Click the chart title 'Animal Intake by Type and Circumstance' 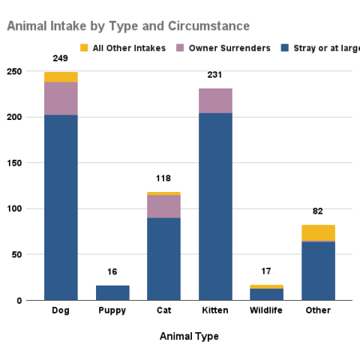pyautogui.click(x=128, y=26)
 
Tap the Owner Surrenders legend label pyautogui.click(x=229, y=49)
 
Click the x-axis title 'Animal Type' pyautogui.click(x=189, y=336)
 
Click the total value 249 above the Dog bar pyautogui.click(x=61, y=58)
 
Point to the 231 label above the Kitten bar pyautogui.click(x=215, y=75)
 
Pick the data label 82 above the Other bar pyautogui.click(x=318, y=211)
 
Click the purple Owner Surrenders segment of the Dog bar pyautogui.click(x=61, y=98)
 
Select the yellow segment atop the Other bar pyautogui.click(x=318, y=232)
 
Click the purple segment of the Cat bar pyautogui.click(x=163, y=206)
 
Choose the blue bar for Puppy pyautogui.click(x=112, y=292)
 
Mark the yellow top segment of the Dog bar pyautogui.click(x=61, y=76)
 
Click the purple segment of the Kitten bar pyautogui.click(x=215, y=100)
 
